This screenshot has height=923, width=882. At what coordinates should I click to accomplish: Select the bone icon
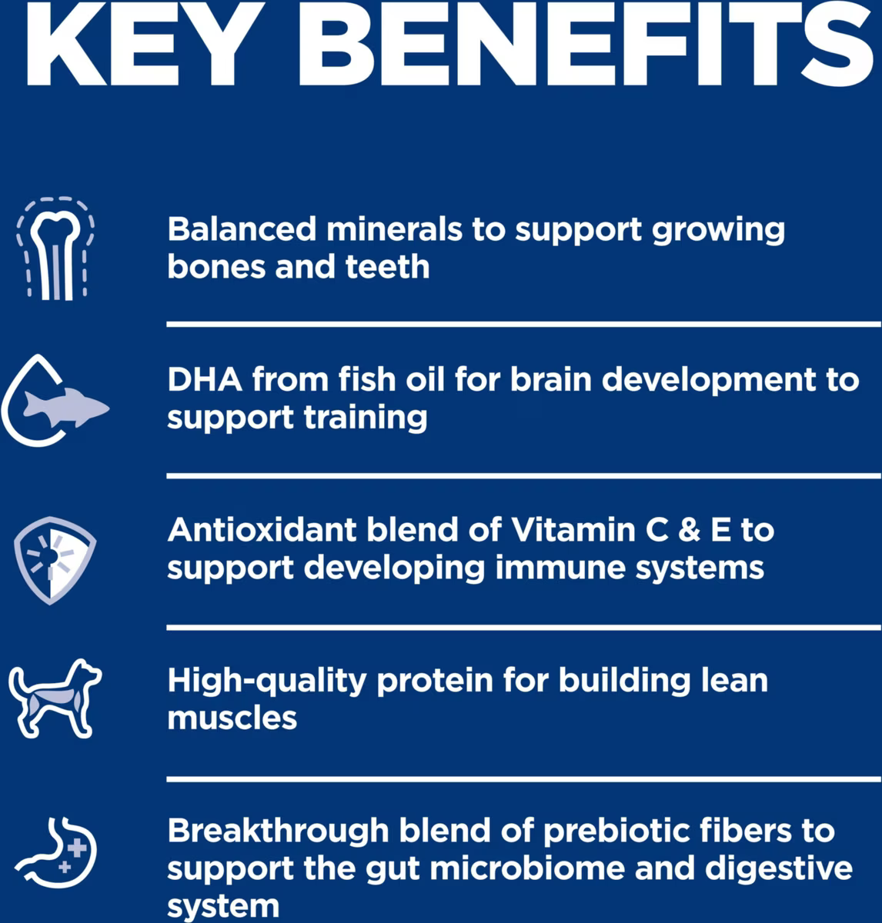point(55,249)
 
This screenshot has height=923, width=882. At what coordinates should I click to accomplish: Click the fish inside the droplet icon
point(66,406)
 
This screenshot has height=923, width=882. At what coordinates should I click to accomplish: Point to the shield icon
point(55,560)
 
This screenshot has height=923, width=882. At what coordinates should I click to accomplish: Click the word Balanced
point(242,229)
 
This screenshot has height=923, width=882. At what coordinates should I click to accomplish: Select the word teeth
point(387,267)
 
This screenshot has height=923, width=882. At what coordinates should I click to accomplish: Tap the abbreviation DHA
point(205,380)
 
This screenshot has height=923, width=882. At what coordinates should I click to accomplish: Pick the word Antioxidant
point(262,530)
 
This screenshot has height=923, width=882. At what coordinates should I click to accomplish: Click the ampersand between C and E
point(690,530)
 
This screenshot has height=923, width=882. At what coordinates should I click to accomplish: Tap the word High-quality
point(267,681)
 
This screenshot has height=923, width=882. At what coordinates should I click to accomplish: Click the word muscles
point(232,718)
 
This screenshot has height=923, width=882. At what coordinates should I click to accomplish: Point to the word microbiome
point(527,868)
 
